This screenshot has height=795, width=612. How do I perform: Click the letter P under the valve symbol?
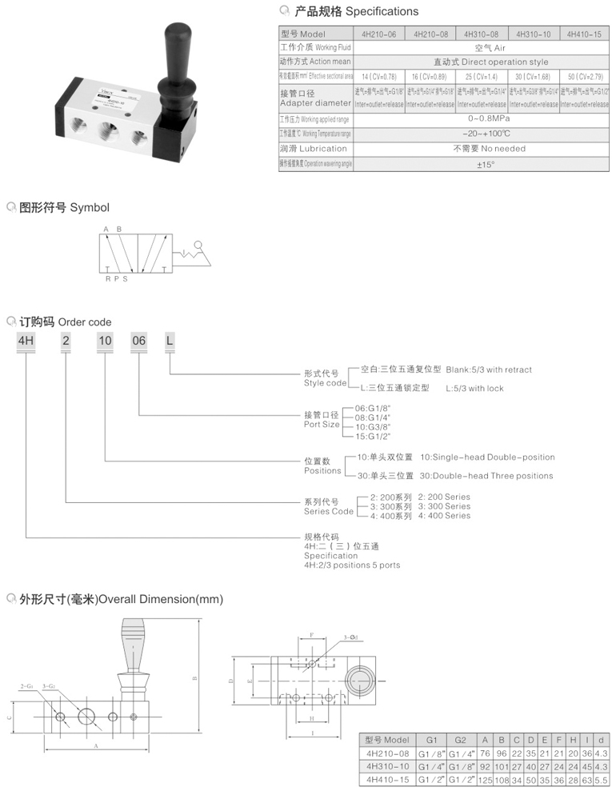[115, 279]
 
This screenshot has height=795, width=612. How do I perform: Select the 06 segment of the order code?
[139, 342]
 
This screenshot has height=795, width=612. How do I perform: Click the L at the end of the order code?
[170, 342]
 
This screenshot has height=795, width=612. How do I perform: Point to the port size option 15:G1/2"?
[373, 436]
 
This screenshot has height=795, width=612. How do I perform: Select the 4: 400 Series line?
[444, 516]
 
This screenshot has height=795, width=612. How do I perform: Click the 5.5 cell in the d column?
[601, 779]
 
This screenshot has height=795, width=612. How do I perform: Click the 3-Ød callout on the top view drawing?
[350, 637]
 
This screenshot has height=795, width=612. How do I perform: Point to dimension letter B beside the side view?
[194, 681]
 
